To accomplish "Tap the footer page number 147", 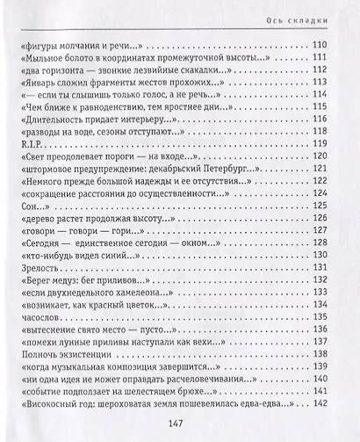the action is (x=180, y=421).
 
